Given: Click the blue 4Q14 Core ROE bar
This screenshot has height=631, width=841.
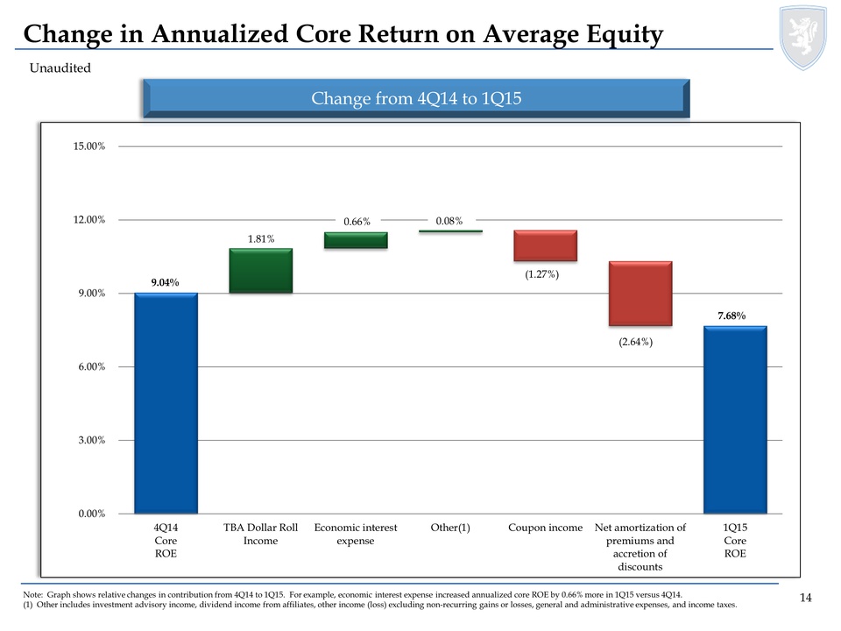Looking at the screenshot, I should pos(166,403).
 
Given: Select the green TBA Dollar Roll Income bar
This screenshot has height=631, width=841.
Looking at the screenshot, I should pos(260,271).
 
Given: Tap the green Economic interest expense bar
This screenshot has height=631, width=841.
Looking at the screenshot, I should pos(356,240).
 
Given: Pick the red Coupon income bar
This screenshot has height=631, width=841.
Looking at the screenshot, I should pos(545,246).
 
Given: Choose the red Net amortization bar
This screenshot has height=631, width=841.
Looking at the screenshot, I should pos(640,294).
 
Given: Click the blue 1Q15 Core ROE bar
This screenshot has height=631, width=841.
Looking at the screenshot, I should pos(735,420).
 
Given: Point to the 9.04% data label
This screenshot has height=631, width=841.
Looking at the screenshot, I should pos(165,282).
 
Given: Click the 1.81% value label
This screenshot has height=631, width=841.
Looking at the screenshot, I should pos(260,238).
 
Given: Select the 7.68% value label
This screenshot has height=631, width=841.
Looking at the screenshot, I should pos(734,315).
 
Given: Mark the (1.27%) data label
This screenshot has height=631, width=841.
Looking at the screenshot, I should pos(542,275).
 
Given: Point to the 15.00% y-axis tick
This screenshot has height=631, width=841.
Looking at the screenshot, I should pos(88,146).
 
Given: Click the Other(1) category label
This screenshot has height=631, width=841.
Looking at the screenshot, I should pos(450,528).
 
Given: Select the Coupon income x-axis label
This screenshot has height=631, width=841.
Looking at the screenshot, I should pos(545,528).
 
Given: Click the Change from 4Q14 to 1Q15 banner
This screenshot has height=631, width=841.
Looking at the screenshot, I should pos(416,98).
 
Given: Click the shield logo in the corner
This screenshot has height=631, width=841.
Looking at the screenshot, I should pos(802,37).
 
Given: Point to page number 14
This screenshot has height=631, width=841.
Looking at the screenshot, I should pos(806,598).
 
